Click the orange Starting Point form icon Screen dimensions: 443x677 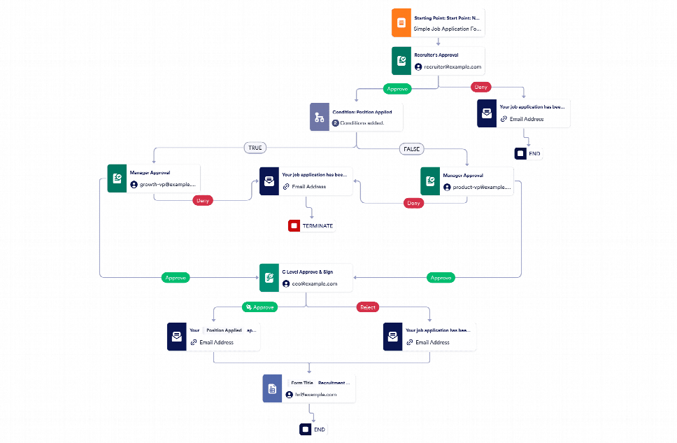pos(401,22)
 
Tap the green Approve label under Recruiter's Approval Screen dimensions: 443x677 pos(397,89)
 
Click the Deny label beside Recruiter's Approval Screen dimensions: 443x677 pos(481,87)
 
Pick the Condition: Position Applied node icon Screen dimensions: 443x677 pos(319,117)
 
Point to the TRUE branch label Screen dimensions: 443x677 pos(254,148)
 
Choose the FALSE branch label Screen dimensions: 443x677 pos(411,149)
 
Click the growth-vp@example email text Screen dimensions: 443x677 pos(168,185)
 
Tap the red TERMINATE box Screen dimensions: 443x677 pos(311,226)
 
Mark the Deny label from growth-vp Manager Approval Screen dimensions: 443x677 pos(203,200)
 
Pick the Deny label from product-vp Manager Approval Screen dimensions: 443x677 pos(413,203)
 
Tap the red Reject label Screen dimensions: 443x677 pos(367,307)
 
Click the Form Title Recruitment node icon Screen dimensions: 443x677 pos(272,388)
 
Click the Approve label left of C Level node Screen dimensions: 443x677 pos(175,278)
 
